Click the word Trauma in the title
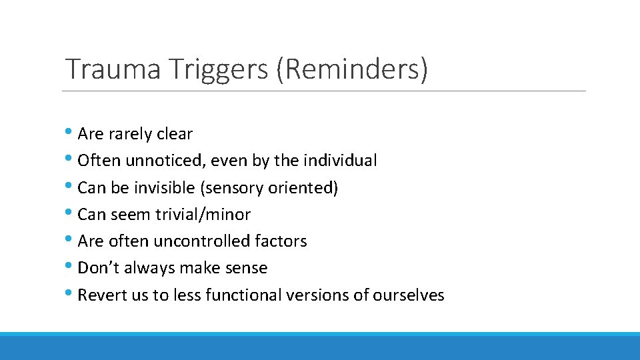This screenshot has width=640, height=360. point(113,69)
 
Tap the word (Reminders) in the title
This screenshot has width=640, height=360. point(352,69)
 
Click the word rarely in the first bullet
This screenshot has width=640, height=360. point(130,134)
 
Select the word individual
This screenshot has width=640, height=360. point(340,161)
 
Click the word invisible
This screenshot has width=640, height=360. point(164,188)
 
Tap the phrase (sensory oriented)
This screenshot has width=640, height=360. point(269,188)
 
